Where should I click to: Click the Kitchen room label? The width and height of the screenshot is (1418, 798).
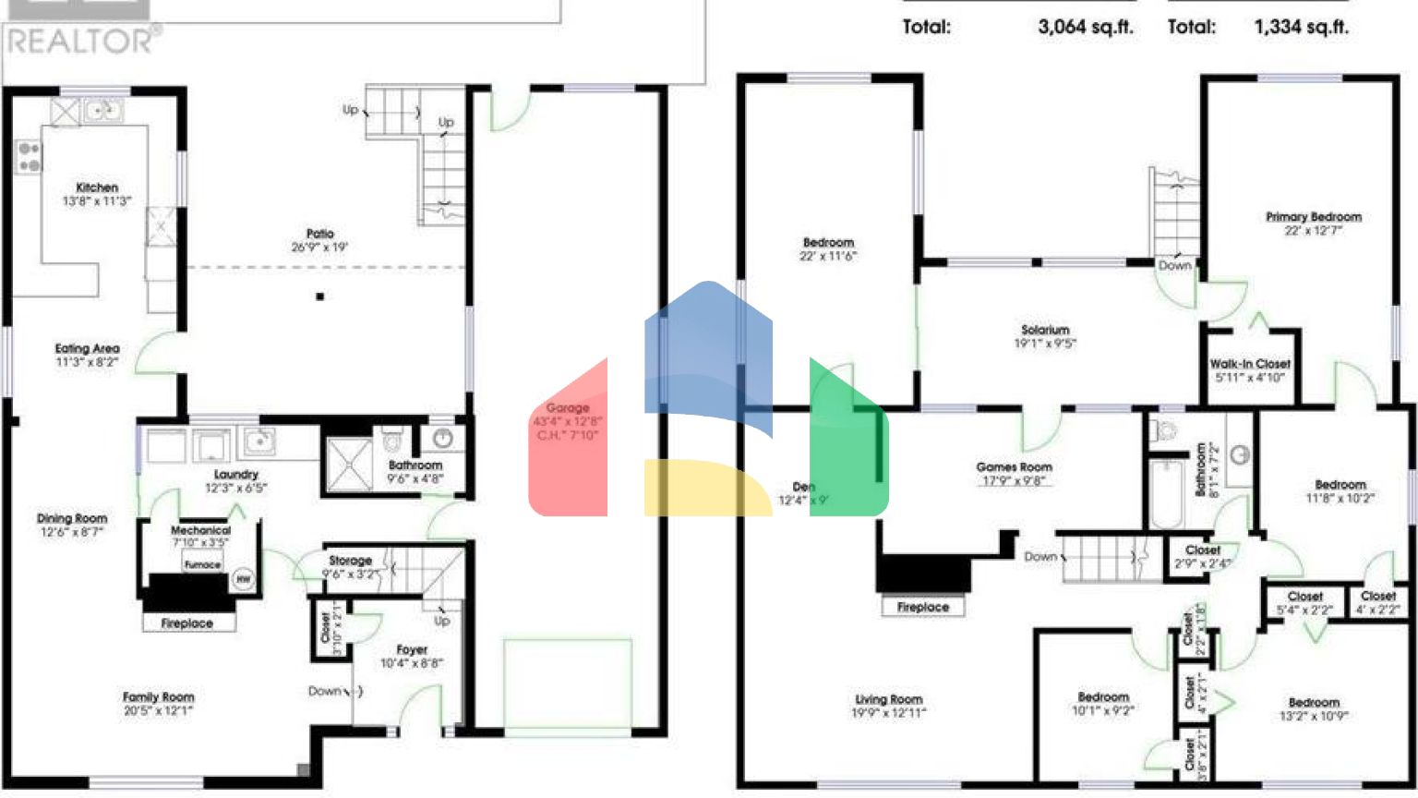97,187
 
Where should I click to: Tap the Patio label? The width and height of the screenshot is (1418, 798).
319,234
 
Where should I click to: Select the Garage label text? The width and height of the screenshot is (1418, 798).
567,408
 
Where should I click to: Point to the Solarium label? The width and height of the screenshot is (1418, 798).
1045,330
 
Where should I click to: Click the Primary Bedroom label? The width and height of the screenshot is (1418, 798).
1313,217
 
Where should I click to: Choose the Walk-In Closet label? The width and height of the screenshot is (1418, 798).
1250,364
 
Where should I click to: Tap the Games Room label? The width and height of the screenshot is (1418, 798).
1014,467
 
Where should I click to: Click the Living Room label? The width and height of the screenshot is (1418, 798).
888,699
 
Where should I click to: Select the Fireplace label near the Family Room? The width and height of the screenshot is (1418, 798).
187,623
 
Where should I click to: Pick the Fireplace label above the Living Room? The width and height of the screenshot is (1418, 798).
922,607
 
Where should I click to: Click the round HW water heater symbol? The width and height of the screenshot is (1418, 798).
243,579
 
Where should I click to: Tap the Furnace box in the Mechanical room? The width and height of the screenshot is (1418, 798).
202,564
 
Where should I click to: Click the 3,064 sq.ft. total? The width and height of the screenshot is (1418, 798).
1085,27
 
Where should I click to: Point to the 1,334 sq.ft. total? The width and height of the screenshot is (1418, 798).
1301,27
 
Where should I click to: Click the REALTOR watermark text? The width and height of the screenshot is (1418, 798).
81,41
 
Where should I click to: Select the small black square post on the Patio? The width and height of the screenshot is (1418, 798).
320,296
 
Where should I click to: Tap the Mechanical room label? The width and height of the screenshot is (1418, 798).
200,530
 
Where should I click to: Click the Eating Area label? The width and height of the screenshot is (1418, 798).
87,348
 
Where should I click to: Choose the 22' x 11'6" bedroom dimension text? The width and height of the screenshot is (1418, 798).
828,257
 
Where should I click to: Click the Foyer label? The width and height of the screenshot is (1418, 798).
412,650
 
